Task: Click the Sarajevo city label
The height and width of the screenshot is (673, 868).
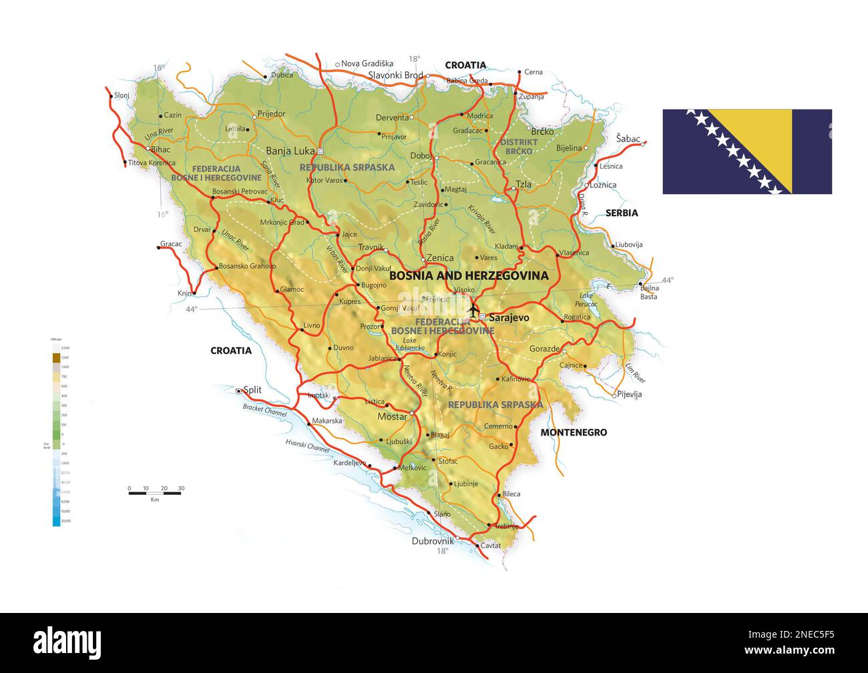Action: [x=509, y=317]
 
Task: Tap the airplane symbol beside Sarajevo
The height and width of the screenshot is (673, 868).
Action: [x=473, y=310]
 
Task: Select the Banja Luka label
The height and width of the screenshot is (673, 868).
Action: [x=290, y=151]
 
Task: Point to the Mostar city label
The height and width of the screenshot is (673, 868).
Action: [x=392, y=417]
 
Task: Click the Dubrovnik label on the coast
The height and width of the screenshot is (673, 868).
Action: [x=433, y=542]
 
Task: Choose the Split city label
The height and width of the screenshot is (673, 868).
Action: [x=252, y=390]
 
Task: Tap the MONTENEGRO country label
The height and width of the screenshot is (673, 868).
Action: [x=574, y=432]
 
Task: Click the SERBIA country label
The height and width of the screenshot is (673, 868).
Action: [x=622, y=213]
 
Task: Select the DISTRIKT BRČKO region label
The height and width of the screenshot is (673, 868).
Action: [x=519, y=147]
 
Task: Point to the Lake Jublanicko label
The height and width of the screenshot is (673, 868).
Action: [x=409, y=344]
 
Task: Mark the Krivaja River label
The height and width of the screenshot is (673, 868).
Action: [x=481, y=218]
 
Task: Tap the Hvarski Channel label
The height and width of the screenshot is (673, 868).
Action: [x=308, y=446]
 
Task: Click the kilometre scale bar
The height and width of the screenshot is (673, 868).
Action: [x=156, y=493]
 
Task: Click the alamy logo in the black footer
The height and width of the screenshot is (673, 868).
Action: [x=67, y=642]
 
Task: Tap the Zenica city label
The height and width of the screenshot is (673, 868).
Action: [x=440, y=258]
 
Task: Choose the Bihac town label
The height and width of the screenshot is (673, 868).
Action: [x=161, y=149]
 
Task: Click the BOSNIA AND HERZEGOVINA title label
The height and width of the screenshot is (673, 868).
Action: [x=468, y=275]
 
